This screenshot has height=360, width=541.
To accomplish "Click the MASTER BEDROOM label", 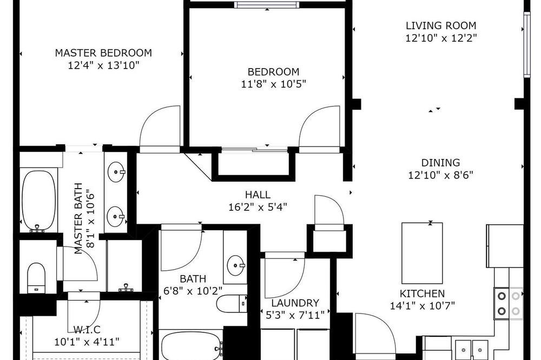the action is [x=103, y=53].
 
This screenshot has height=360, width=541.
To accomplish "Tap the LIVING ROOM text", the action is [x=441, y=25].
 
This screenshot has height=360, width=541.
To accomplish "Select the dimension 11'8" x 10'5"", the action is [x=274, y=84].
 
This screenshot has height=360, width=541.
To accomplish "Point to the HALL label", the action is [x=258, y=195].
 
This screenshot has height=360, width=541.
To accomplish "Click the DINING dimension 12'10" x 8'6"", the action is [x=440, y=175].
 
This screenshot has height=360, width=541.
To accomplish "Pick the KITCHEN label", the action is [x=422, y=294].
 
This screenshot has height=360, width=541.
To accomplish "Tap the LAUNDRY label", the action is [x=295, y=303].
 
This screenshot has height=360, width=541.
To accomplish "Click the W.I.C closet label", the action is [x=87, y=330].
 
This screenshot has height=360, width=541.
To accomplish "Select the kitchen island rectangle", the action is [x=422, y=253].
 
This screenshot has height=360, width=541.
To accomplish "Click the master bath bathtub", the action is [x=38, y=201].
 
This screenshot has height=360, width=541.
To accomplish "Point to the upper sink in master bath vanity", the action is [x=116, y=171].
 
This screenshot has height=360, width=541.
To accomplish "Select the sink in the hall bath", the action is [x=236, y=265].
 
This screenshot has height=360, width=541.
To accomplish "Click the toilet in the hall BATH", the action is [x=232, y=303].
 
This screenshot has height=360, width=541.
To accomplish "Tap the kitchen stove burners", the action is [x=508, y=303].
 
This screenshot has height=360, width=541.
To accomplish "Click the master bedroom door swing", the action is [x=160, y=128].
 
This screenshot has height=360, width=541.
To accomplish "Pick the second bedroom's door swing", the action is [x=319, y=128].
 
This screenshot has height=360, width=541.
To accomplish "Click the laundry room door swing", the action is [x=285, y=276].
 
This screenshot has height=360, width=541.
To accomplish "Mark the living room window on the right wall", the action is [x=527, y=45].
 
